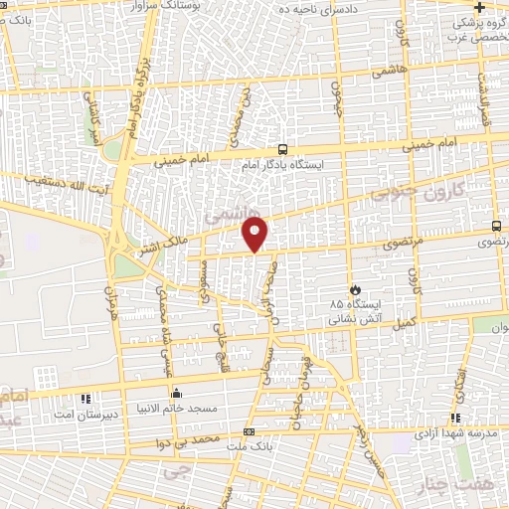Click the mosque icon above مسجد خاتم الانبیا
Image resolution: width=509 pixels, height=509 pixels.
(x=177, y=393)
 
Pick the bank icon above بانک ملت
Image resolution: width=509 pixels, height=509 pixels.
(x=248, y=431)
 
